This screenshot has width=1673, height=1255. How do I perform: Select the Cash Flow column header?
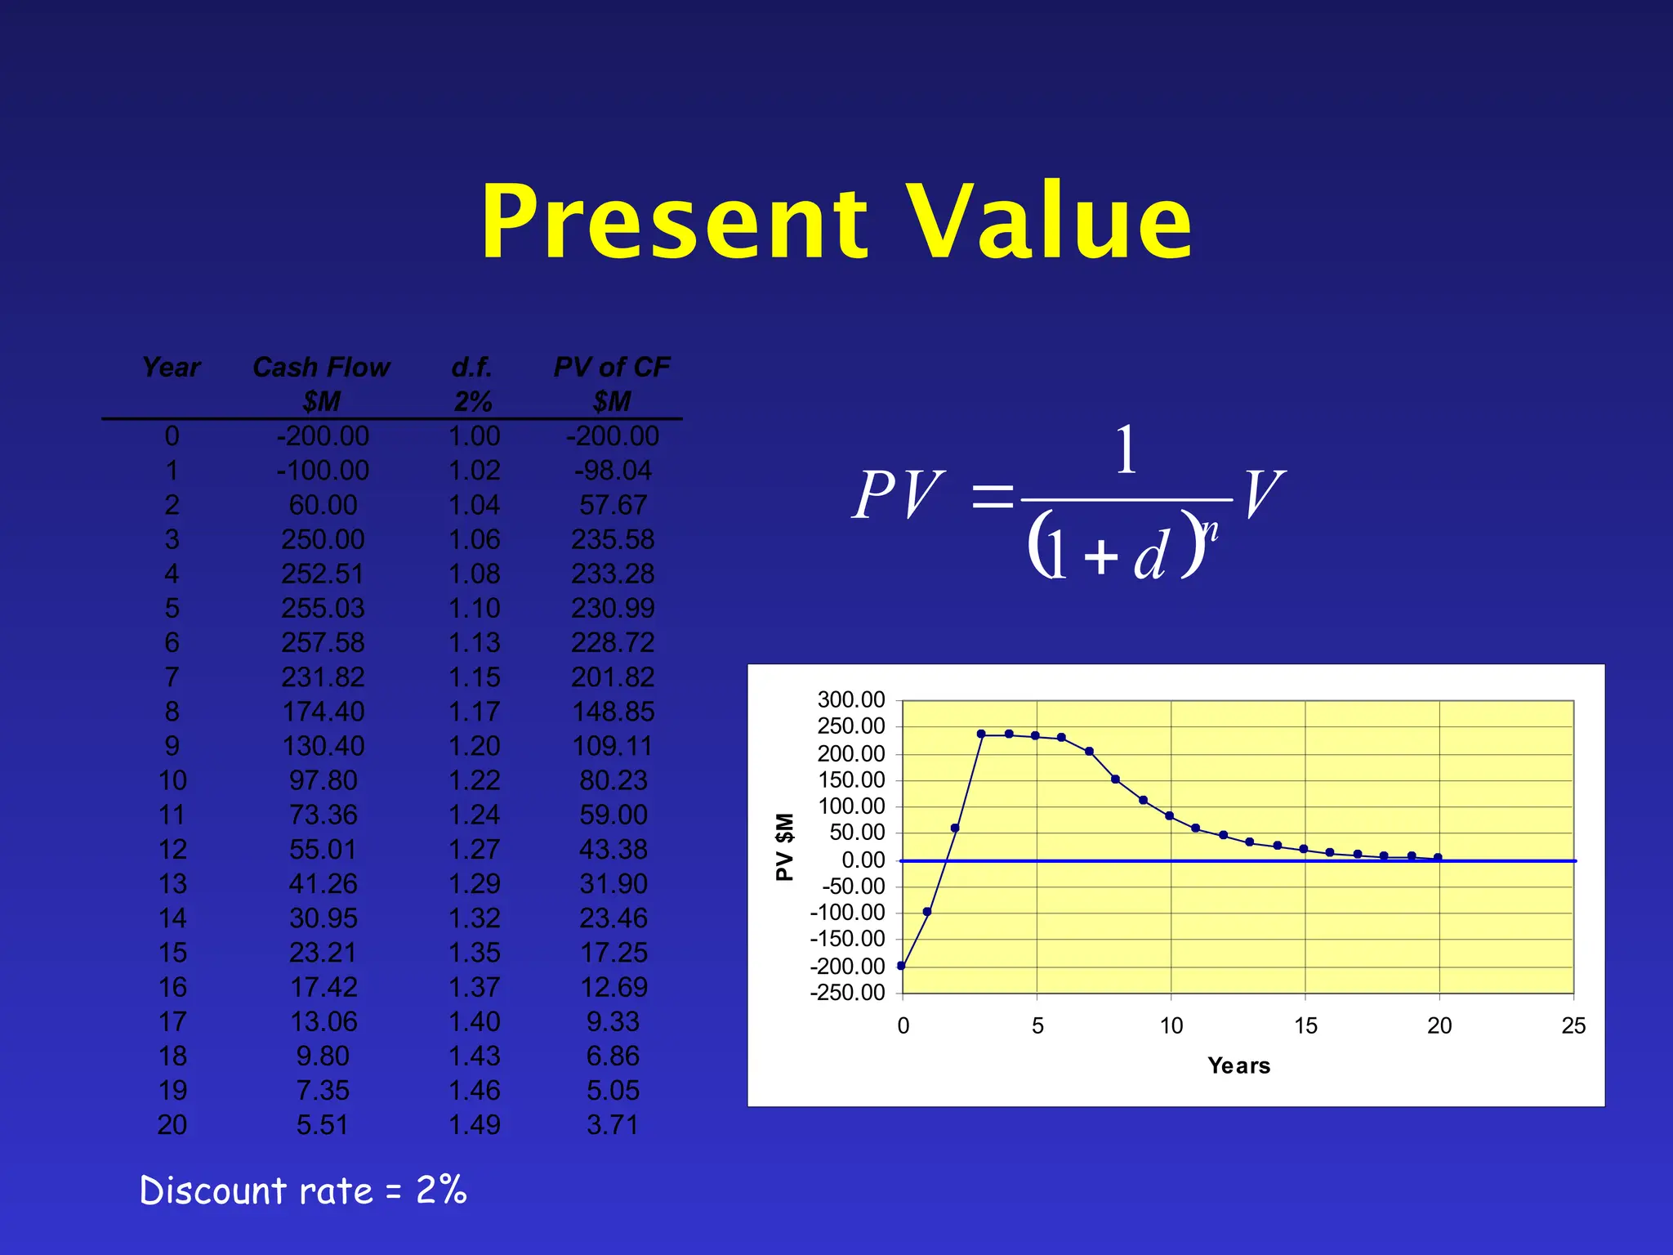[x=321, y=368]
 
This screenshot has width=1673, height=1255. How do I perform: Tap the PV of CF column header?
[x=612, y=368]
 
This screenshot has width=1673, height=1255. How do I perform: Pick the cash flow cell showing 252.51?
[x=323, y=574]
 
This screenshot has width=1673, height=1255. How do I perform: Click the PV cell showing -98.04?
[x=613, y=471]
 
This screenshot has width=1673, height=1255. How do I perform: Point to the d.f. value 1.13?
[x=474, y=643]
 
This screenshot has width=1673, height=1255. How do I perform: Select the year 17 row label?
[x=172, y=1022]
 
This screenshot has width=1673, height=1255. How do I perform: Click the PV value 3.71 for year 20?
[x=613, y=1125]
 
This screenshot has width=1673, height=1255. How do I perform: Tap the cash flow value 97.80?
[x=323, y=781]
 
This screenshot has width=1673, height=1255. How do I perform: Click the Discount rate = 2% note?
[x=303, y=1190]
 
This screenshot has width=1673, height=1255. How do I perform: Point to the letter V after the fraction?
[x=1263, y=495]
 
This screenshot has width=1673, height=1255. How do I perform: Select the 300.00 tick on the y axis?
[x=851, y=700]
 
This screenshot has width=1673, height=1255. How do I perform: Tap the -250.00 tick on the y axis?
[x=848, y=993]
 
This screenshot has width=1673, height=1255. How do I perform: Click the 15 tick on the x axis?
[x=1305, y=1026]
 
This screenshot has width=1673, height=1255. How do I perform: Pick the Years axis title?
[x=1238, y=1065]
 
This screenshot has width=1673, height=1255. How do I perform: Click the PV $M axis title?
[x=784, y=846]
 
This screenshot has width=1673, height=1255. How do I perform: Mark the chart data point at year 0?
[x=902, y=966]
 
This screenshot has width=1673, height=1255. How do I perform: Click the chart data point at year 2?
[x=955, y=828]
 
